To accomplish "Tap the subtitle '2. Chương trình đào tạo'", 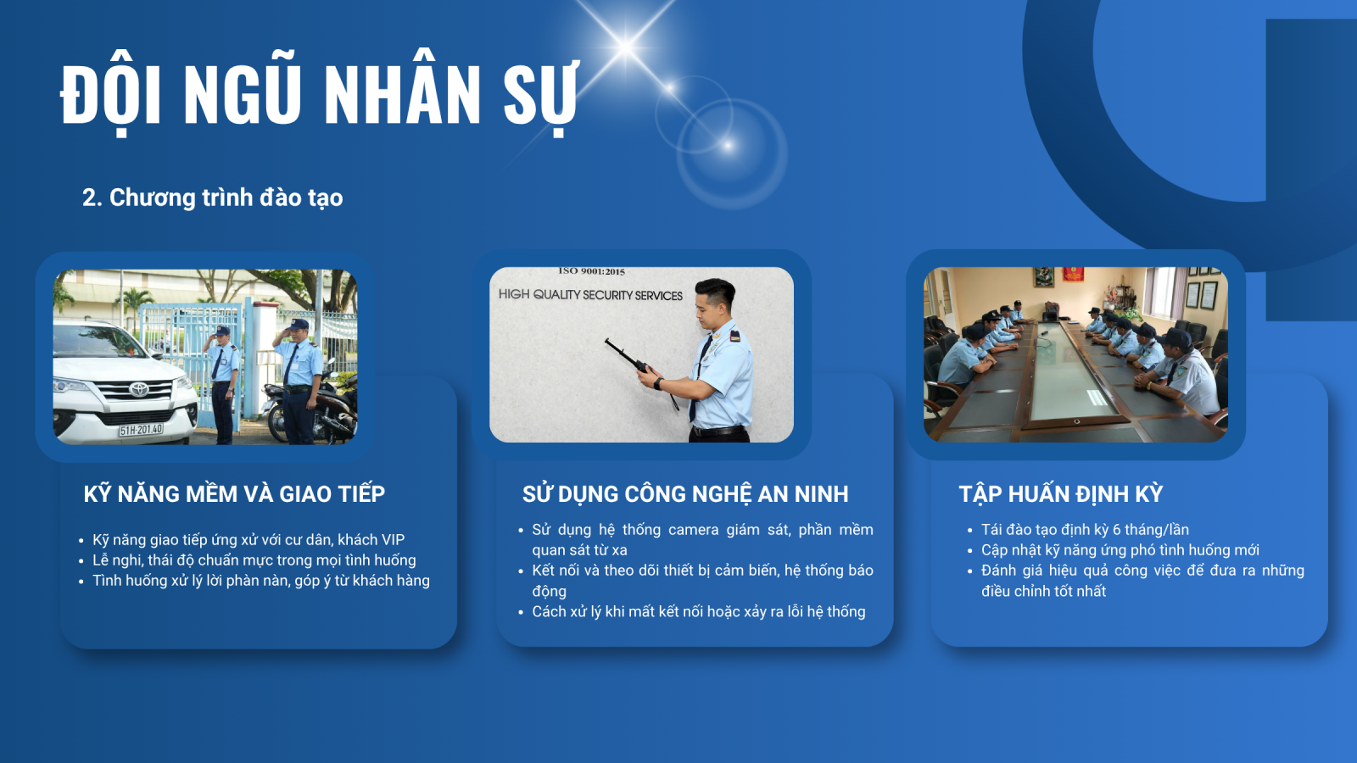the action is pyautogui.click(x=213, y=198).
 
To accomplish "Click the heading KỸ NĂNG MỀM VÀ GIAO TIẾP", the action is pyautogui.click(x=234, y=493).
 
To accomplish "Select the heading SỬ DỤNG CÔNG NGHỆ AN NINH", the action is pyautogui.click(x=685, y=493).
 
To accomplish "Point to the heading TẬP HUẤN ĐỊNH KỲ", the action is pyautogui.click(x=1061, y=493).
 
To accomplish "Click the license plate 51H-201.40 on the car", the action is pyautogui.click(x=141, y=430).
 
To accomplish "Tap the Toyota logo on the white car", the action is pyautogui.click(x=139, y=389).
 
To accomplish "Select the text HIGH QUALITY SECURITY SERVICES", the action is pyautogui.click(x=590, y=295).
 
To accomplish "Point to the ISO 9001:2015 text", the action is pyautogui.click(x=591, y=271).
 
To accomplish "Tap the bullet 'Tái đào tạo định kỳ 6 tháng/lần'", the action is pyautogui.click(x=1085, y=530).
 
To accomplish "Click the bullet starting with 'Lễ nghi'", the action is pyautogui.click(x=254, y=560).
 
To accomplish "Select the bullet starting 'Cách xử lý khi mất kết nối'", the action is pyautogui.click(x=699, y=611).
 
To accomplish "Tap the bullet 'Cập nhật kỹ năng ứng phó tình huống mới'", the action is pyautogui.click(x=1120, y=550).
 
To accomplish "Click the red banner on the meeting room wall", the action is pyautogui.click(x=1073, y=275).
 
